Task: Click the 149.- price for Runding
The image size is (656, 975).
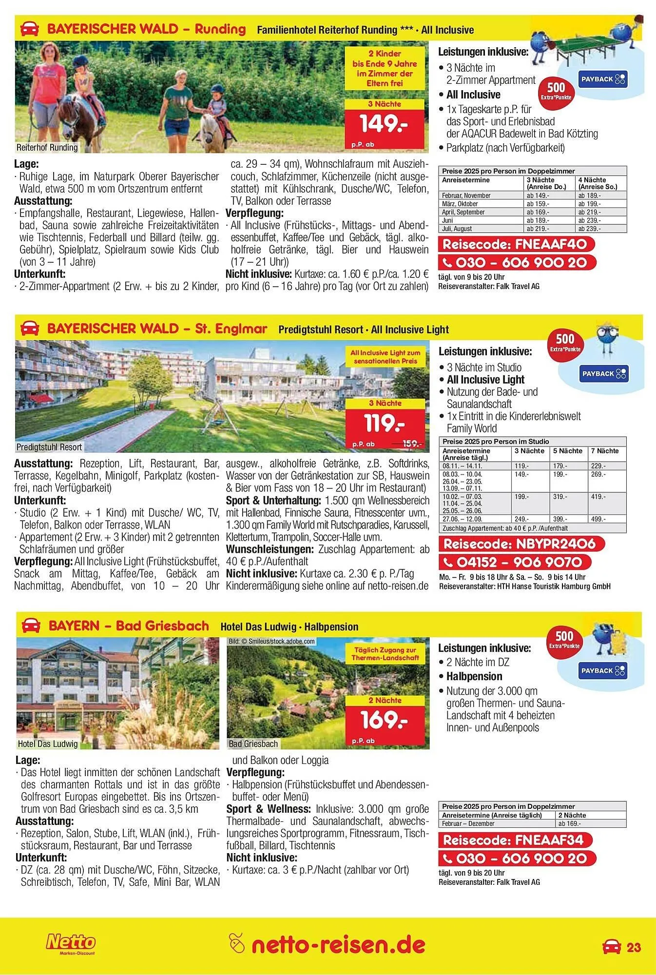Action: (384, 124)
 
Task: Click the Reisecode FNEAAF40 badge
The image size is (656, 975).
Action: (517, 244)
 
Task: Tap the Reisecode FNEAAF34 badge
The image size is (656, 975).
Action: (517, 840)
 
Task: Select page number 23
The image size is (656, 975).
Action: (634, 948)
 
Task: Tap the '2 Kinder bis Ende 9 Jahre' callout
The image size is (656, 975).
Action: (385, 69)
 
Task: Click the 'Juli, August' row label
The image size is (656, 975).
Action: (457, 229)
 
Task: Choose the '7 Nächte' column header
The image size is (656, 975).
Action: (605, 451)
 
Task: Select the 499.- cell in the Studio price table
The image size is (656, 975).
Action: (598, 520)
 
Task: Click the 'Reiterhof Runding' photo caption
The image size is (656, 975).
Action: (47, 147)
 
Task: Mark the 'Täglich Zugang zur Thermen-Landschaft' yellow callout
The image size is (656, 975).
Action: (385, 654)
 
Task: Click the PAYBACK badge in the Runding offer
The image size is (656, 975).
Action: (603, 79)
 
